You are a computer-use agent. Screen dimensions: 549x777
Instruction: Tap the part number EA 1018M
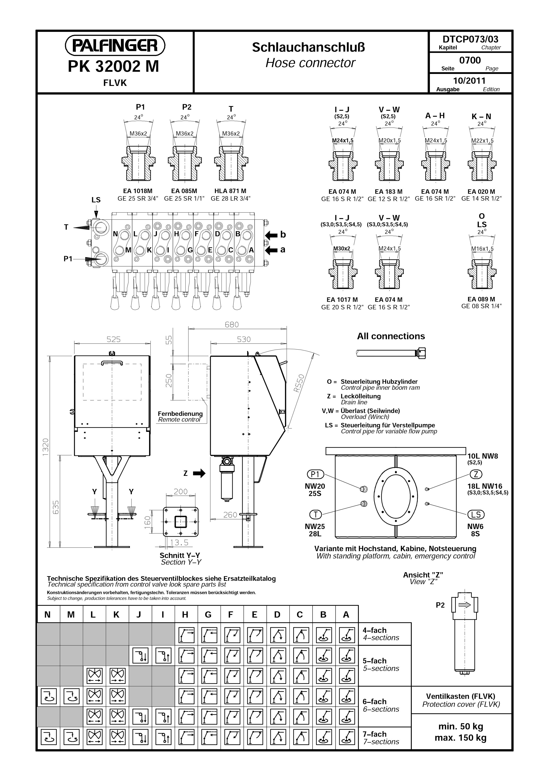pos(138,191)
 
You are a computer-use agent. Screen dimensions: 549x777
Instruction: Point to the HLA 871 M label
pos(230,191)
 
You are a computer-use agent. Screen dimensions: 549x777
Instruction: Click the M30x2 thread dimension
pos(342,248)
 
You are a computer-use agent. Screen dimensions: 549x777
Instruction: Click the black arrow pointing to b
pos(271,235)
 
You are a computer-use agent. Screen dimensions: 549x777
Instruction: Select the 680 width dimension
pos(232,325)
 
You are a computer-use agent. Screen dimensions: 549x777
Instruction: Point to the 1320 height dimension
pos(46,447)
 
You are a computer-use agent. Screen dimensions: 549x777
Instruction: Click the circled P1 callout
pos(315,475)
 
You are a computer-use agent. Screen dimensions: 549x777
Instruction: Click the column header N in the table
pos(48,614)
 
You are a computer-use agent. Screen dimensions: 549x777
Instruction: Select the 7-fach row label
pos(375,734)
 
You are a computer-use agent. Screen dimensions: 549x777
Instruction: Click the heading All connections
pos(391,336)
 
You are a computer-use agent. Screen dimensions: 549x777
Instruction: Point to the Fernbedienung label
pos(180,414)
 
